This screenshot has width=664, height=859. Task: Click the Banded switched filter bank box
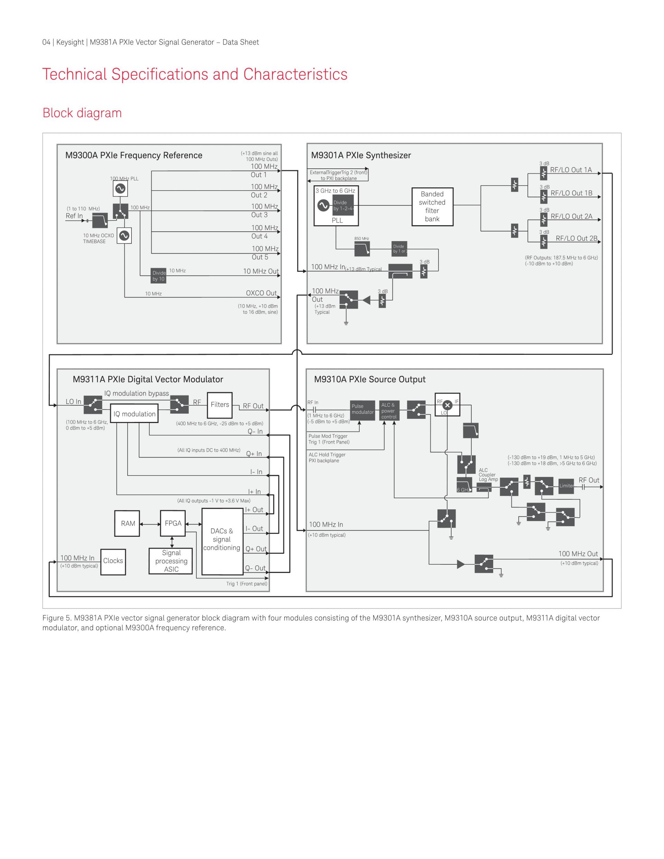point(432,206)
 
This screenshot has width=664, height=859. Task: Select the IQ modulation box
point(134,414)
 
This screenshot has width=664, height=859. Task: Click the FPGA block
point(173,524)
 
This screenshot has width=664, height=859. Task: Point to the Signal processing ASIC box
point(171,561)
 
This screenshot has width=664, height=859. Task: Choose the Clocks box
point(113,561)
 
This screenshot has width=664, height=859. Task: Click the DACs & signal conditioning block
point(222,541)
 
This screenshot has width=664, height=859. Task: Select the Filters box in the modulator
point(220,405)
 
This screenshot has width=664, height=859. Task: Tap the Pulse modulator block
point(362,410)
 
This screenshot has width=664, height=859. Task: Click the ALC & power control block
point(389,410)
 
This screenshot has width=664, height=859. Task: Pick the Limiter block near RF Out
point(566,486)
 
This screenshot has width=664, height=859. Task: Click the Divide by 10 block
point(158,276)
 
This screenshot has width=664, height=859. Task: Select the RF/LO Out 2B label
point(576,238)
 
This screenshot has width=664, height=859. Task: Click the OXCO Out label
point(261,293)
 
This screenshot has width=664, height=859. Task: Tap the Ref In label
point(74,216)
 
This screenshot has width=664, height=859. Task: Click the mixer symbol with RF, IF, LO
point(447,405)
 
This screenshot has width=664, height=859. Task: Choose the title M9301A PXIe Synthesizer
point(361,155)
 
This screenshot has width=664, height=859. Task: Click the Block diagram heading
point(82,113)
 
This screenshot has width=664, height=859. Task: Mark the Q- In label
point(255,432)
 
